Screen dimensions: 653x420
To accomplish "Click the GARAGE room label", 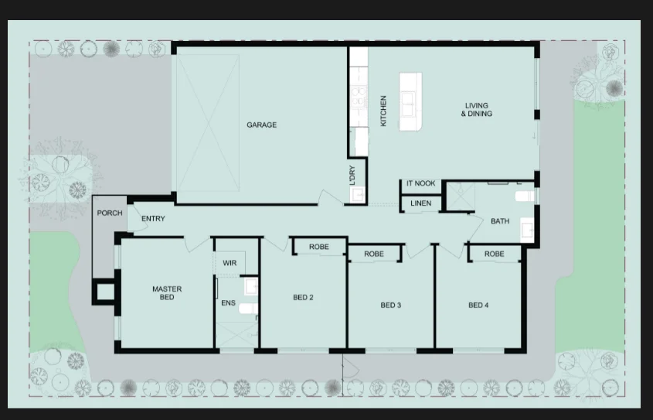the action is [x=261, y=125].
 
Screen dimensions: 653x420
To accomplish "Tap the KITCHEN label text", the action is [x=383, y=111].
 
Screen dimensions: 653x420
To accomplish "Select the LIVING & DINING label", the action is [x=477, y=110].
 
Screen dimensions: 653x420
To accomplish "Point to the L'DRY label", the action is [x=352, y=175].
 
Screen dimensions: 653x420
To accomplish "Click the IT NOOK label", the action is [x=420, y=183].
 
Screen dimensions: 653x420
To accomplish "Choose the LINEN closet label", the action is [x=420, y=203].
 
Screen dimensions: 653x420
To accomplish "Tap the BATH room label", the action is [x=500, y=221].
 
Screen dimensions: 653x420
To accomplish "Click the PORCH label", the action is [x=110, y=213].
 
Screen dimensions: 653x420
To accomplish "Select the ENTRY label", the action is [x=153, y=218].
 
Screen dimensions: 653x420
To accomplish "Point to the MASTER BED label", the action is [x=167, y=293].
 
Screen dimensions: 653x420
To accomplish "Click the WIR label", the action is [x=230, y=263].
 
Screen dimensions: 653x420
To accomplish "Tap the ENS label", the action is [x=228, y=303].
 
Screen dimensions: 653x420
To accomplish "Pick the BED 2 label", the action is [x=303, y=297].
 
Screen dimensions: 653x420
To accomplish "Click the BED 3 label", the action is [x=390, y=305].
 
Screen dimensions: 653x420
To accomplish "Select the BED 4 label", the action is [x=478, y=305].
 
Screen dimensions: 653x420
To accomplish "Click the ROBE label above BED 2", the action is [x=319, y=247].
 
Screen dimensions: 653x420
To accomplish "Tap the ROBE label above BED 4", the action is [x=495, y=254].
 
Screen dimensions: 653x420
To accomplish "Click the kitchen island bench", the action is [x=410, y=101].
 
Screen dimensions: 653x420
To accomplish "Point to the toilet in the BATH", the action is [x=524, y=196].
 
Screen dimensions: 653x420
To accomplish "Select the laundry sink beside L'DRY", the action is [x=358, y=194].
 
